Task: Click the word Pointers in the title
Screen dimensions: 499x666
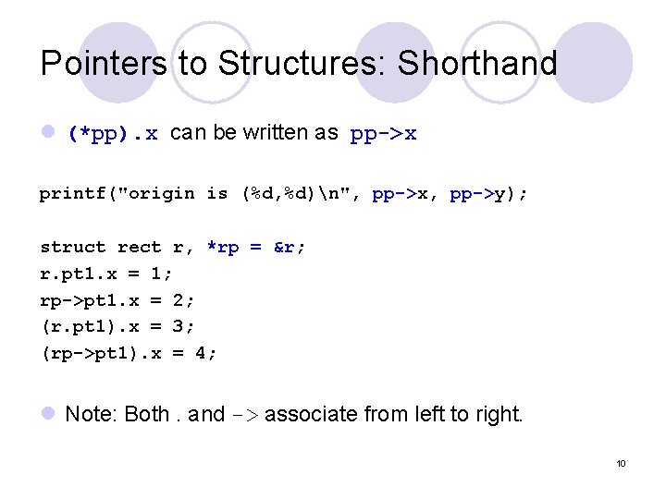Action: [104, 64]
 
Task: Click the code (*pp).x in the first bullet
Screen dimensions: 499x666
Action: [113, 134]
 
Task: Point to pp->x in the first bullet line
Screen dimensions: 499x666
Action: [383, 134]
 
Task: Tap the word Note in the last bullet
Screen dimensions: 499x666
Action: [89, 414]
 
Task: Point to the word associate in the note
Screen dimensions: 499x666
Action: [311, 414]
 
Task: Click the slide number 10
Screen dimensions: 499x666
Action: [621, 463]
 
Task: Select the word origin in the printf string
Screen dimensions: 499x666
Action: [162, 193]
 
